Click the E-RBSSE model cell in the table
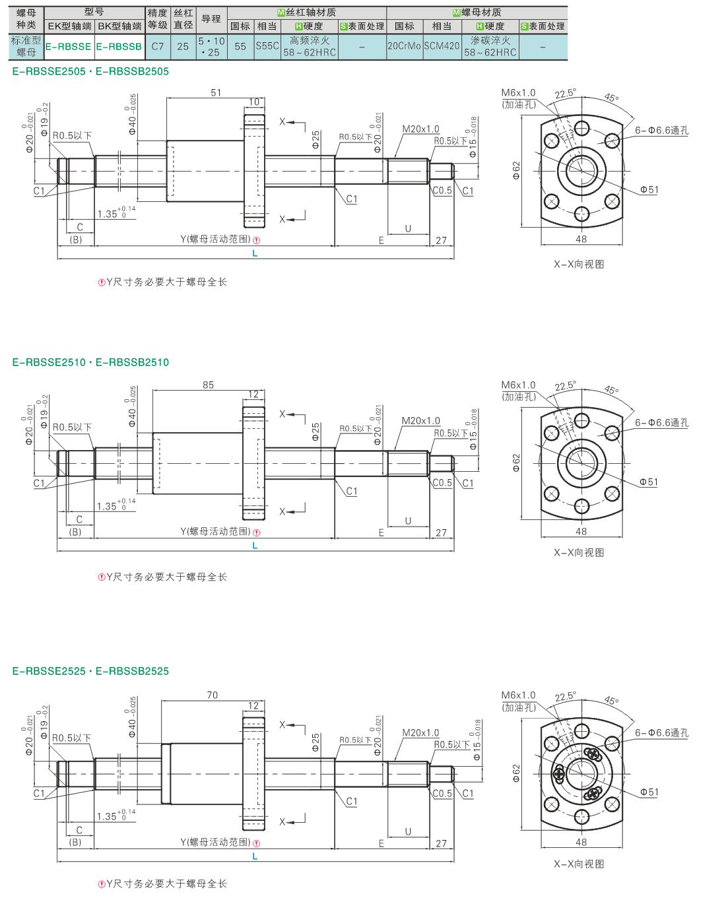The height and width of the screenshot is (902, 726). point(69,47)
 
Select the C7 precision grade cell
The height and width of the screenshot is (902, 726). point(158,47)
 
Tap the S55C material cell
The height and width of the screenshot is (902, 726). point(267,46)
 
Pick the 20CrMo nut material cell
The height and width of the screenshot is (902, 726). point(405,46)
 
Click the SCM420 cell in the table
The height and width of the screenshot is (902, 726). point(442,46)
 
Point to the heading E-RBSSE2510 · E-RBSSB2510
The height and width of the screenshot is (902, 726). point(90,362)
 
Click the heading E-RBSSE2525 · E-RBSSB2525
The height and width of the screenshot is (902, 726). point(90,671)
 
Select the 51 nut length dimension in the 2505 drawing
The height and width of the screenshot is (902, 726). point(216,92)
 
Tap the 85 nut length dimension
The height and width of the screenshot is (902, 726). point(208,385)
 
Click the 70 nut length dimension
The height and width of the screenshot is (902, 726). point(213,695)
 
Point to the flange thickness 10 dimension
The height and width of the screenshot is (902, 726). point(254,102)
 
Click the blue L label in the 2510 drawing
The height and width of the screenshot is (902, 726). point(255,546)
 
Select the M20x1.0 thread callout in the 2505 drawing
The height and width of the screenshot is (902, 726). point(420,129)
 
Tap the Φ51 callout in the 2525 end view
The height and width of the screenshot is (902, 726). point(649,792)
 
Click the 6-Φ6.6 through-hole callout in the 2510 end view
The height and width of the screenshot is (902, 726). point(661,422)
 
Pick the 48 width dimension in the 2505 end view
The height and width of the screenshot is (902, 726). point(581,239)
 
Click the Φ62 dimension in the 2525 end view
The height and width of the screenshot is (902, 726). point(516,773)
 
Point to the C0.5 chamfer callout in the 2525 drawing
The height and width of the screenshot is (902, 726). point(442,793)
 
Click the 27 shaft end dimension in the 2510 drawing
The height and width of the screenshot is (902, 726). point(442,532)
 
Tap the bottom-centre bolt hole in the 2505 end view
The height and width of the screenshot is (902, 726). point(581,214)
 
